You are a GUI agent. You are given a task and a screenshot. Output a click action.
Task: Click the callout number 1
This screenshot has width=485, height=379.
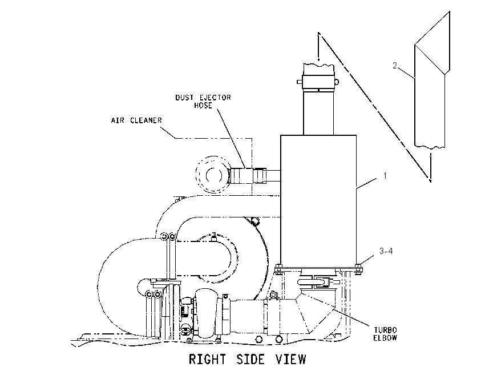[385, 176]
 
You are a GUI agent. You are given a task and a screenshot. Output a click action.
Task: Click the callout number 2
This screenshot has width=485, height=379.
[395, 66]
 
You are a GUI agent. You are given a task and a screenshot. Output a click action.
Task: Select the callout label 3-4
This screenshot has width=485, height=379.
[386, 251]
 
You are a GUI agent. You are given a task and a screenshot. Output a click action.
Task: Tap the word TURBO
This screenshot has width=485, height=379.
[385, 330]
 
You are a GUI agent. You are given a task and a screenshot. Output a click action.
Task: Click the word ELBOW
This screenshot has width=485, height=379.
[385, 338]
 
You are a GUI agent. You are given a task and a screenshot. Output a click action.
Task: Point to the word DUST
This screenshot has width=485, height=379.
[184, 98]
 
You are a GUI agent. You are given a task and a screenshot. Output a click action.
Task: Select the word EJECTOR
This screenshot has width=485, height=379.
[215, 98]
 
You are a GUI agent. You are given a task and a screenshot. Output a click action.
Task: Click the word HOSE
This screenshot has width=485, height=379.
[203, 106]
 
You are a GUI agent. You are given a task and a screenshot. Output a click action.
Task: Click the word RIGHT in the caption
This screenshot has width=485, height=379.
[207, 360]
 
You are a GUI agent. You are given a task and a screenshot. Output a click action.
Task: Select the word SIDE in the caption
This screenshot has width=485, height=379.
[250, 360]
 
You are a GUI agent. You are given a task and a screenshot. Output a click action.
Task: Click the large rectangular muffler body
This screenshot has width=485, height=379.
[318, 200]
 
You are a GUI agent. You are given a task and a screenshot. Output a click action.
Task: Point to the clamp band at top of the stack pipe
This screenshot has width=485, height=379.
[318, 82]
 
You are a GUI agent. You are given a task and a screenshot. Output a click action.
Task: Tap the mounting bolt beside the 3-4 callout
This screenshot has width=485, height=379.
[358, 268]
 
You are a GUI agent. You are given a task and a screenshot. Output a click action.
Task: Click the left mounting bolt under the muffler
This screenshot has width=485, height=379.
[278, 268]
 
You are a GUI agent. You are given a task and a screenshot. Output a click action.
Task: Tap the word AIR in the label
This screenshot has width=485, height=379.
[118, 120]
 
